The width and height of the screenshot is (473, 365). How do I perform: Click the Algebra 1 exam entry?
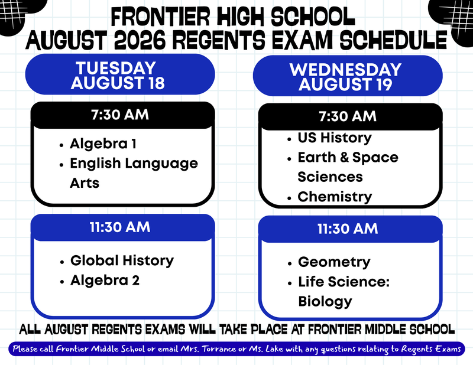[103, 144]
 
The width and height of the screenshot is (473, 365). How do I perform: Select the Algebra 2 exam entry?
[105, 281]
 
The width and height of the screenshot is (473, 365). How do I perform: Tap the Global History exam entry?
[122, 260]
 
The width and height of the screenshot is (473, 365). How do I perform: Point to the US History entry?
[335, 138]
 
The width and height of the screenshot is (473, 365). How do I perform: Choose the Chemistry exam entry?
[335, 197]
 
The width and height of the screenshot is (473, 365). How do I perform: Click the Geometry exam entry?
[334, 262]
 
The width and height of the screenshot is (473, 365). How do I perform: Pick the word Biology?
[325, 301]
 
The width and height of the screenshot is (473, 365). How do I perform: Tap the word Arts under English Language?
[85, 183]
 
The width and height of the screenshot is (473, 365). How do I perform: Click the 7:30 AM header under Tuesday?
[120, 115]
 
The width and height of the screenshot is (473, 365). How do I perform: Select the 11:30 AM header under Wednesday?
[348, 229]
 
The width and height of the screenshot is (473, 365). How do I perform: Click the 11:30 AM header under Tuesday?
[120, 227]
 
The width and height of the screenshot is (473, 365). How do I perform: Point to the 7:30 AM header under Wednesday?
[348, 116]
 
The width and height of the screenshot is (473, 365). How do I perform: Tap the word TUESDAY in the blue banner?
[116, 68]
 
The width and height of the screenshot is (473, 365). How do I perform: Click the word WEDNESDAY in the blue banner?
[345, 70]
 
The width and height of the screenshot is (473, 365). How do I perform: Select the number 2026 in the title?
[140, 40]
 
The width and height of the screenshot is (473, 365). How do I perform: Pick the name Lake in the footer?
[274, 349]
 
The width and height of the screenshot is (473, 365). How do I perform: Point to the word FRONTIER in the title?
[160, 17]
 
